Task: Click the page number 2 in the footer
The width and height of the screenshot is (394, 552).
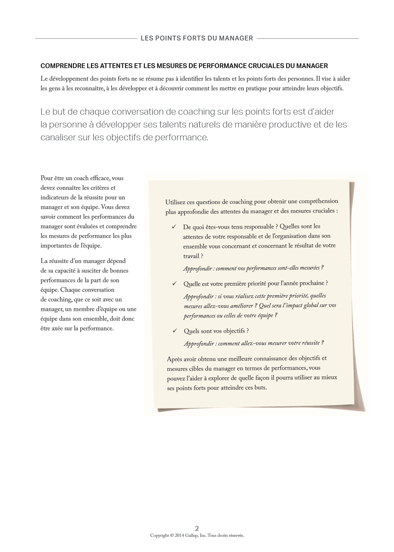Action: point(197,528)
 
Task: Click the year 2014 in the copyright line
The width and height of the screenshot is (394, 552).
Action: point(179,535)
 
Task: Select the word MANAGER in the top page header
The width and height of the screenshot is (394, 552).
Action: point(236,38)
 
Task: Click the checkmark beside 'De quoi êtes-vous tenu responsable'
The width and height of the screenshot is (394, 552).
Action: point(174,227)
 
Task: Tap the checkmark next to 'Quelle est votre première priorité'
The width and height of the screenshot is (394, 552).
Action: point(175,283)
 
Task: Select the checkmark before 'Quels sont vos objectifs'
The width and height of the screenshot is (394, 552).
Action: point(175,330)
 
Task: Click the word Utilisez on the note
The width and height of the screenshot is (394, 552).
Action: point(175,202)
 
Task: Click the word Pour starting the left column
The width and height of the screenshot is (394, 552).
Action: point(47,178)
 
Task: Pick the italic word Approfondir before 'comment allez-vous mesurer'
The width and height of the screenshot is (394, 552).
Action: point(199,344)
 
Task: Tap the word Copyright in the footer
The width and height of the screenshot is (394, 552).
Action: point(159,535)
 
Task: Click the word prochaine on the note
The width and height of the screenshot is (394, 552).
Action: point(311,283)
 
